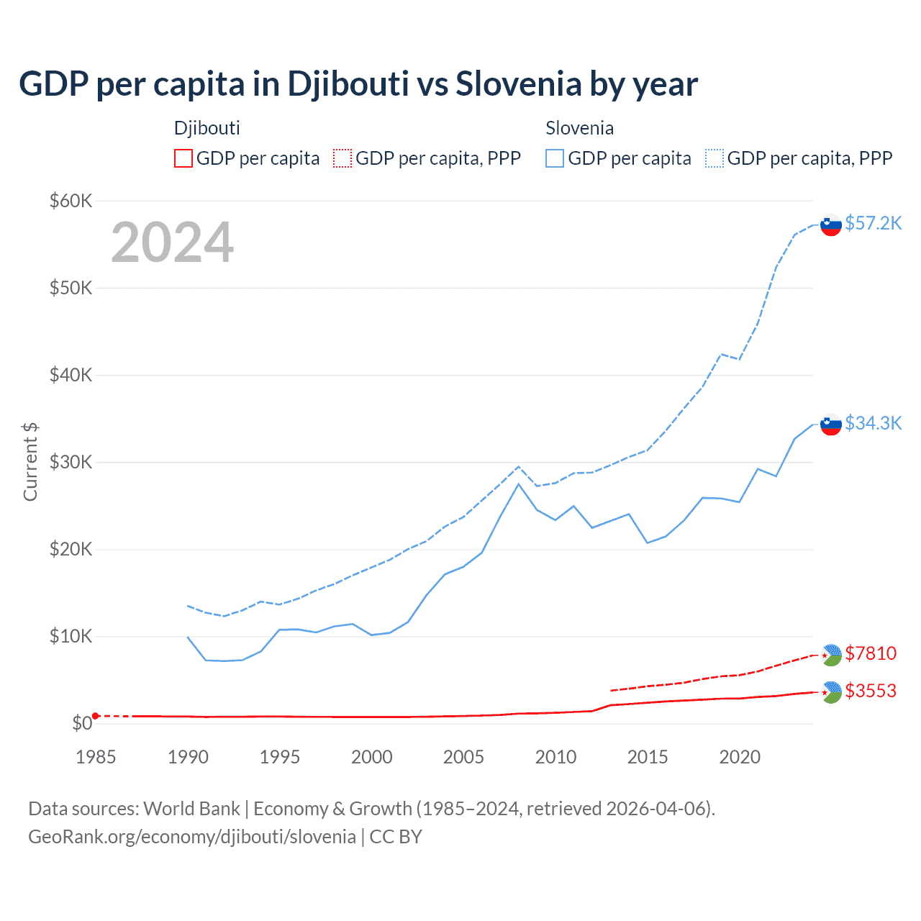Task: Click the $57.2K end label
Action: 873,223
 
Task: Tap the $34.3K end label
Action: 873,423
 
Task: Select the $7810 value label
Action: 871,653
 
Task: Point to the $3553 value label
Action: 871,691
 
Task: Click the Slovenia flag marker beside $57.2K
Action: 831,225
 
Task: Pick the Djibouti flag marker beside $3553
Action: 831,692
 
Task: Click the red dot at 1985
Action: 96,716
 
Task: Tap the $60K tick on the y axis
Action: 71,201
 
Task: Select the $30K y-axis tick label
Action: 71,462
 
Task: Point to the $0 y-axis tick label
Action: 82,723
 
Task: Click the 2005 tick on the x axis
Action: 463,757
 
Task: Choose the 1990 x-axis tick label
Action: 188,757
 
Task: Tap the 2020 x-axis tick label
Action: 740,757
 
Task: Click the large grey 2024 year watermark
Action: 172,242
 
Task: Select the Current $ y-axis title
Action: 30,462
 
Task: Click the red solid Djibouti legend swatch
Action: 183,158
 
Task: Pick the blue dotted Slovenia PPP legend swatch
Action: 714,158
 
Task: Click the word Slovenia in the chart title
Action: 518,84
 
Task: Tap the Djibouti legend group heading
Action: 207,128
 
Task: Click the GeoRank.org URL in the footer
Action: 192,837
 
